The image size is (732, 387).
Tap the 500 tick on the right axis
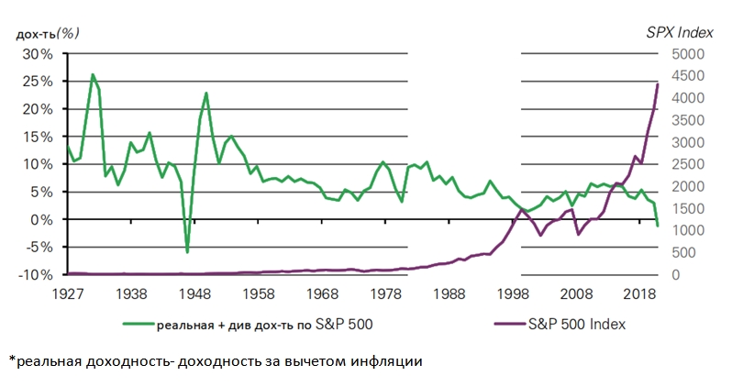[684, 252]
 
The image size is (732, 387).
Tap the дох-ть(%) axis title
[47, 33]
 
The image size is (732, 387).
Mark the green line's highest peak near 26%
[93, 74]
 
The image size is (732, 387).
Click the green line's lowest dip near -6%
[187, 252]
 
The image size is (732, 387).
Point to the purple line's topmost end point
[658, 83]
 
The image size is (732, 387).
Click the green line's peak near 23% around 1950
[206, 93]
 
